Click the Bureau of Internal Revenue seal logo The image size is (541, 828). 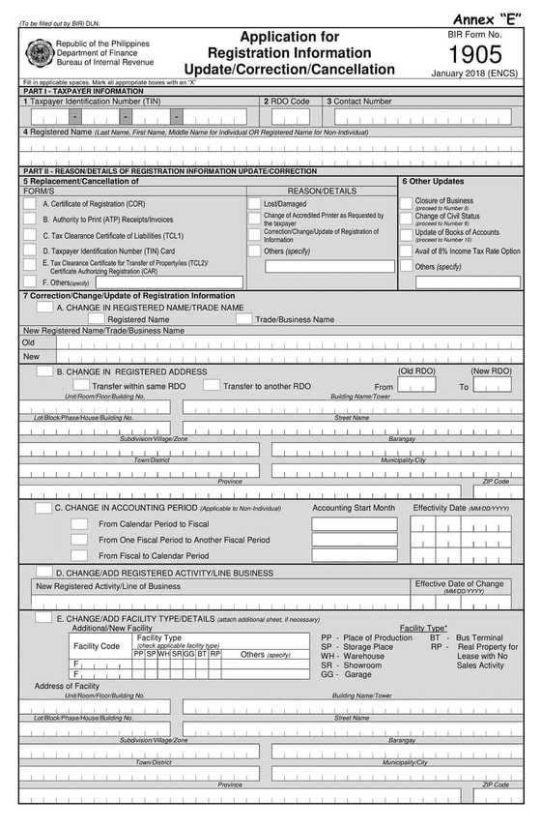39,52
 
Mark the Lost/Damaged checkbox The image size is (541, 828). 254,204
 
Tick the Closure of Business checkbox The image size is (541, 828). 406,204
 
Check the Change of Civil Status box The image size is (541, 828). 406,219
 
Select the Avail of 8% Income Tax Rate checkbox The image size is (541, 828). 406,251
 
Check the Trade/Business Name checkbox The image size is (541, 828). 244,319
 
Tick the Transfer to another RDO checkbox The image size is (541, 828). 212,385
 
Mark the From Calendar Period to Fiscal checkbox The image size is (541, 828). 79,523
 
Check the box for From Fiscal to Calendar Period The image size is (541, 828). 79,555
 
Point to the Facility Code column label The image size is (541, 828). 97,645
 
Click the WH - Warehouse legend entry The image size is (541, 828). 352,656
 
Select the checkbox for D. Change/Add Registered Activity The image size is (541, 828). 44,572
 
